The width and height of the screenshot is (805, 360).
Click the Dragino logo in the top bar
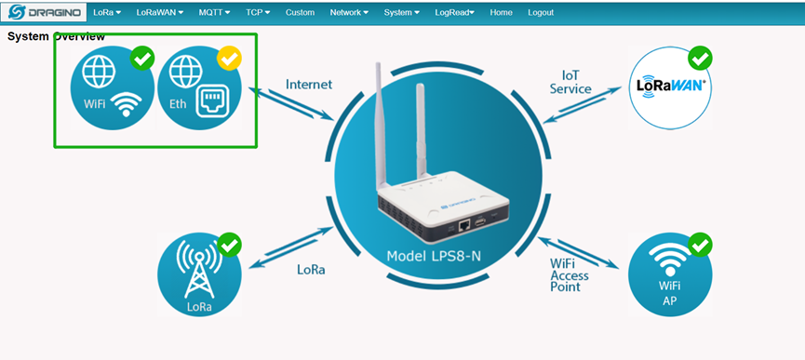click(x=45, y=12)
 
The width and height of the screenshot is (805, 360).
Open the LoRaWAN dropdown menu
click(x=159, y=12)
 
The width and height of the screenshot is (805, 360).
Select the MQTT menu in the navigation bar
click(x=214, y=12)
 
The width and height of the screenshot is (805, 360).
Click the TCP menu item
click(x=258, y=12)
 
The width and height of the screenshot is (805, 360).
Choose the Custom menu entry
click(x=300, y=12)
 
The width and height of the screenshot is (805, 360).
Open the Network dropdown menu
click(x=349, y=12)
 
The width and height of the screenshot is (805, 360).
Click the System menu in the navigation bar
click(x=401, y=12)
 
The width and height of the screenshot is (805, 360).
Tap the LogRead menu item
click(x=454, y=12)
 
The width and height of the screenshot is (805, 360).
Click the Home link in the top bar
click(x=501, y=12)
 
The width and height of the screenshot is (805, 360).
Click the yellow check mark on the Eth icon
click(x=229, y=60)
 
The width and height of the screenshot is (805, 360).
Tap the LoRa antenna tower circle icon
click(x=200, y=273)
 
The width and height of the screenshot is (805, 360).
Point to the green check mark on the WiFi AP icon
click(x=699, y=246)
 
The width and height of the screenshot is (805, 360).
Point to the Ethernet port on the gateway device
click(x=463, y=224)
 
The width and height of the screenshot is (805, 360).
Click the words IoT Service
click(x=570, y=82)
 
